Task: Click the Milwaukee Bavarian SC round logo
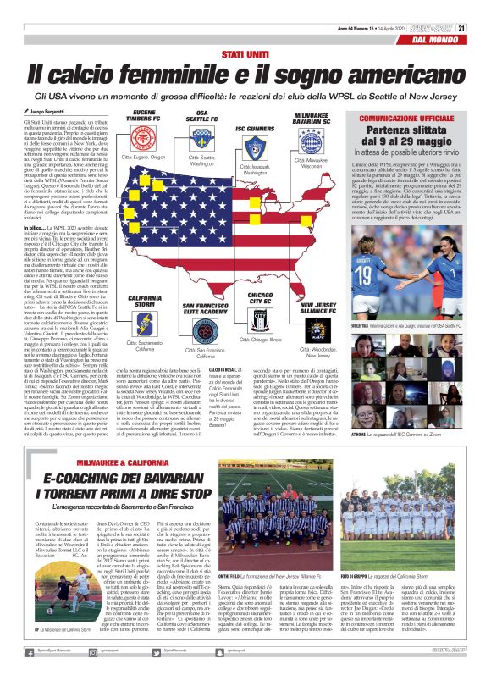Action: point(312,141)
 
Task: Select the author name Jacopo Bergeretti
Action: point(55,111)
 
